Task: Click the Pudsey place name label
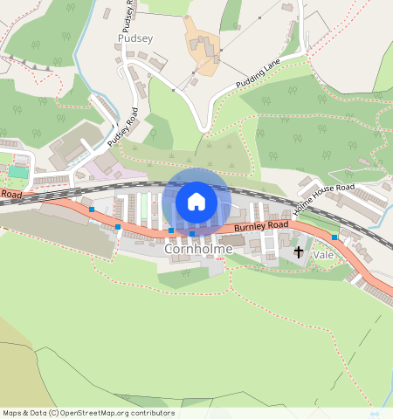[134, 39]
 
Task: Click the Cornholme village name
[198, 249]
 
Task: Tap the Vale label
[324, 255]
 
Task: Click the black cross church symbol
[299, 252]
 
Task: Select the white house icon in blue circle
[196, 202]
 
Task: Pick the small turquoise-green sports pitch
[17, 172]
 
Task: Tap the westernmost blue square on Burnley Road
[92, 209]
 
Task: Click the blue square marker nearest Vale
[334, 237]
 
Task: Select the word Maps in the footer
[12, 413]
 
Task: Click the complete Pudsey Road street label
[123, 127]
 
